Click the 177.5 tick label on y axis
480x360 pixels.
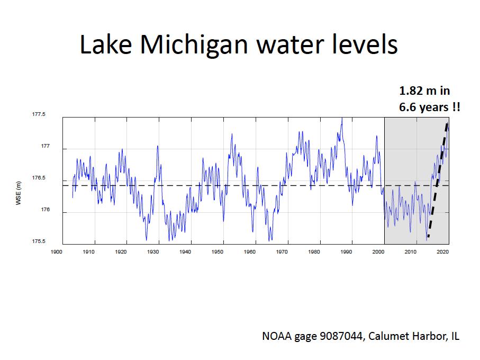(x=39, y=114)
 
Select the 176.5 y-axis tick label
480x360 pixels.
(x=39, y=178)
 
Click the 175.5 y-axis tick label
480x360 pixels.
(x=39, y=241)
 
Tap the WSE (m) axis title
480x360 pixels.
(x=18, y=193)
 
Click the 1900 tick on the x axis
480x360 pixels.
(x=57, y=252)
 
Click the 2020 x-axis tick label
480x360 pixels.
(x=442, y=252)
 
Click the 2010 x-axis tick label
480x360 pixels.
(x=411, y=252)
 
